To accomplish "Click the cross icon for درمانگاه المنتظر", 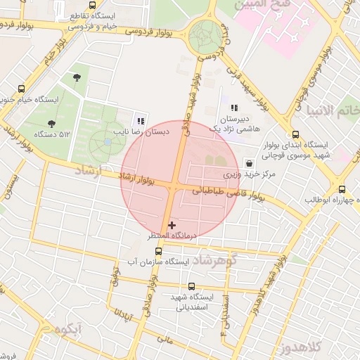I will coord(172,225).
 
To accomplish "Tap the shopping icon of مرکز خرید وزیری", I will coord(250,162).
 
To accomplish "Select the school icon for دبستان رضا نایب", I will coord(141,120).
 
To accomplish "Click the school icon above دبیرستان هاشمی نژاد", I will coord(234,108).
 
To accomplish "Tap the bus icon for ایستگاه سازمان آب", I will coord(158,251).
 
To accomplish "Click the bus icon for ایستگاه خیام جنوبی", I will coord(21,89).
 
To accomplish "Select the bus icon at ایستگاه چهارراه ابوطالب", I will coord(342,189).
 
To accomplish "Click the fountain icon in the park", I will coord(107,142).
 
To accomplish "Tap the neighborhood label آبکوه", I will coord(67,329).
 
